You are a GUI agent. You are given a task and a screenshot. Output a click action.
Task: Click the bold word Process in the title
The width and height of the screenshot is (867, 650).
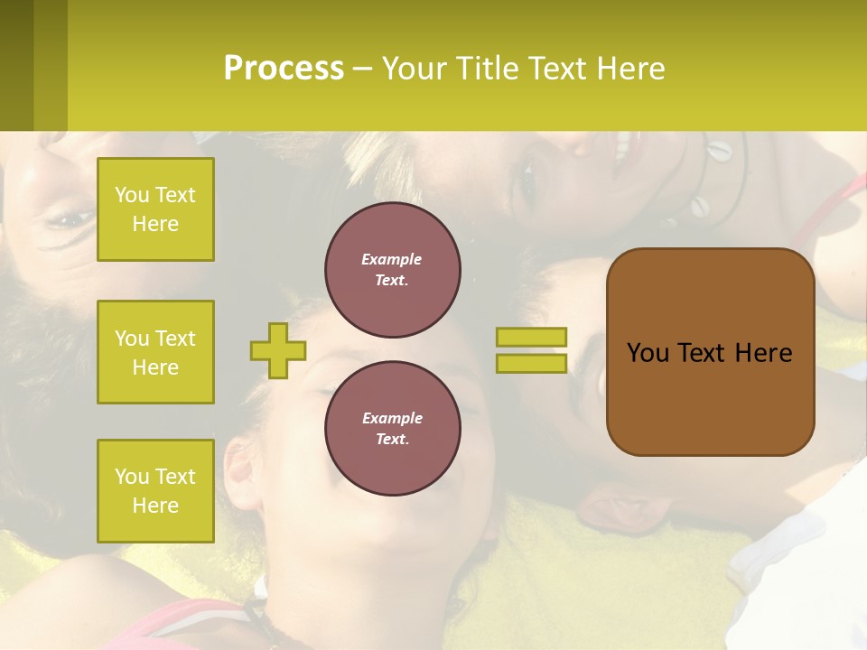pos(284,69)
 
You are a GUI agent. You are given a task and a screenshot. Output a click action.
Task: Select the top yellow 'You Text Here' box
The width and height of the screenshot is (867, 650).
pos(155,209)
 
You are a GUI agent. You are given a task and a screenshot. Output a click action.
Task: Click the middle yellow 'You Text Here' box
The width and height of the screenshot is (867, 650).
pos(155,352)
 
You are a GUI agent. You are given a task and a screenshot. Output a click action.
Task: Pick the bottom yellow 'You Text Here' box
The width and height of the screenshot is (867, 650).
pos(155,490)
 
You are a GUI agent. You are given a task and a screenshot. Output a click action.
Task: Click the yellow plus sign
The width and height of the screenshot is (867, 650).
pos(278,350)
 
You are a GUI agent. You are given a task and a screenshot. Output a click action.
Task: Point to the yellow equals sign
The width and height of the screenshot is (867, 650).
pos(531,350)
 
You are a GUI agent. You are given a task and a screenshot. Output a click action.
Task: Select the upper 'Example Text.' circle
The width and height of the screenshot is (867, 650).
pos(392,269)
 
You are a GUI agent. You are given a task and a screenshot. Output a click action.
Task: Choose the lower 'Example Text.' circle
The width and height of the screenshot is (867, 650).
pos(392,428)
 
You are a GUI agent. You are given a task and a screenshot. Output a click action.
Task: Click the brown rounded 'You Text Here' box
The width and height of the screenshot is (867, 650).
pos(710,352)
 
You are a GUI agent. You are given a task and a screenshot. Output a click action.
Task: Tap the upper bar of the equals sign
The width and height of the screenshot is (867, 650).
pos(531,338)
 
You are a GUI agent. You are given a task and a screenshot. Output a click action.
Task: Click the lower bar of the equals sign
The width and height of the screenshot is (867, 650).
pos(531,363)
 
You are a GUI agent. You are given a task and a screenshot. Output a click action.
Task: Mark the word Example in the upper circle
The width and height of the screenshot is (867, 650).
pos(391,259)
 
